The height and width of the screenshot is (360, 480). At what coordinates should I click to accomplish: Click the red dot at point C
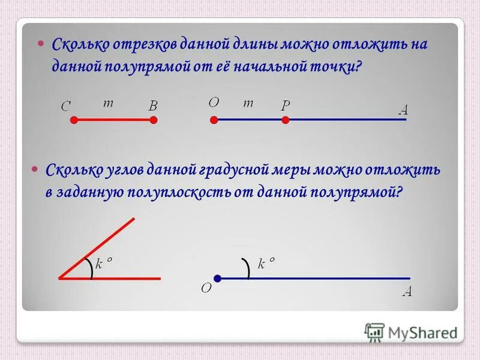point(74,120)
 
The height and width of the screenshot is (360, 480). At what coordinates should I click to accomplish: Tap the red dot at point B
point(154,120)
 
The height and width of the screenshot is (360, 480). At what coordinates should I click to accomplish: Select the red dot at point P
point(286,120)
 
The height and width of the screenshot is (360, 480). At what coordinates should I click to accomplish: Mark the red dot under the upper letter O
point(214,120)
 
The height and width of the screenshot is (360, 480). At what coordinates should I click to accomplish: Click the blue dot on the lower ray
point(218,278)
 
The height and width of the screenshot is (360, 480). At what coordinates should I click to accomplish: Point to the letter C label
point(66,106)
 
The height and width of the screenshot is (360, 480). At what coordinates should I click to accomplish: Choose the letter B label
point(153,106)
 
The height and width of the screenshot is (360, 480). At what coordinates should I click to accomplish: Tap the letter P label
point(286,106)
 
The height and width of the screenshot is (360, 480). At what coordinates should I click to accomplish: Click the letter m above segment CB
point(108,103)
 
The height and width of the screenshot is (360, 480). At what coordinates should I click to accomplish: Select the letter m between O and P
point(248,103)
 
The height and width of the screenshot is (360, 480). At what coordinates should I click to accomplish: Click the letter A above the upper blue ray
point(403,110)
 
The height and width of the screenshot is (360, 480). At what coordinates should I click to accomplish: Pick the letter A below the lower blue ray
point(407,292)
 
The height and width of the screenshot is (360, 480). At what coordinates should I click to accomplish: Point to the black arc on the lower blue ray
point(247,268)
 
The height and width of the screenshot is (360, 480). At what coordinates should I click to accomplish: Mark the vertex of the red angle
point(60,278)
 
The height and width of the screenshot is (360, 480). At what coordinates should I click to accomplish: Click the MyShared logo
point(411,332)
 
